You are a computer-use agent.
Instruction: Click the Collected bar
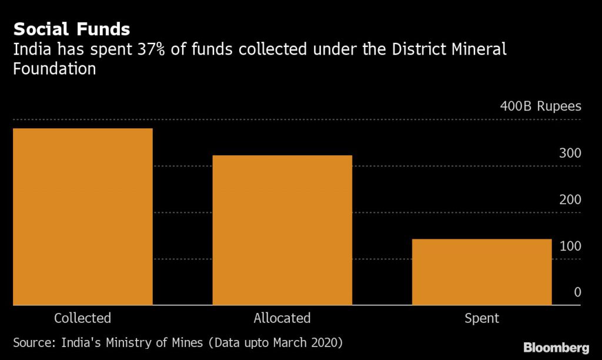pyautogui.click(x=82, y=216)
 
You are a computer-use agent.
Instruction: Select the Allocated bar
pyautogui.click(x=282, y=230)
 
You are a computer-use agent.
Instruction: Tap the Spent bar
pyautogui.click(x=481, y=272)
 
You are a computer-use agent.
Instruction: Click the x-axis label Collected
pyautogui.click(x=82, y=318)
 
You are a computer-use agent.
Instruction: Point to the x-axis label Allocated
pyautogui.click(x=282, y=318)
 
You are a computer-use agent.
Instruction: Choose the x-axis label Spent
pyautogui.click(x=481, y=318)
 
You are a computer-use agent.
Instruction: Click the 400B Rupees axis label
pyautogui.click(x=540, y=106)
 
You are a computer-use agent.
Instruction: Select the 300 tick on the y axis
pyautogui.click(x=570, y=153)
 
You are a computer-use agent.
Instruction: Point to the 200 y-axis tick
pyautogui.click(x=570, y=199)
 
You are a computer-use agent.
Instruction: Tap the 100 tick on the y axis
pyautogui.click(x=570, y=246)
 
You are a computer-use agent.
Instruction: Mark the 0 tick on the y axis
pyautogui.click(x=577, y=292)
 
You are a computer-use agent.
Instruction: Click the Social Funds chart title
pyautogui.click(x=72, y=29)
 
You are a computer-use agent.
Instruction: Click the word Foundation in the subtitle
pyautogui.click(x=54, y=69)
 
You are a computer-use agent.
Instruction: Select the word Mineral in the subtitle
pyautogui.click(x=478, y=49)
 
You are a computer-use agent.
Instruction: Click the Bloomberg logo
pyautogui.click(x=556, y=346)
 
